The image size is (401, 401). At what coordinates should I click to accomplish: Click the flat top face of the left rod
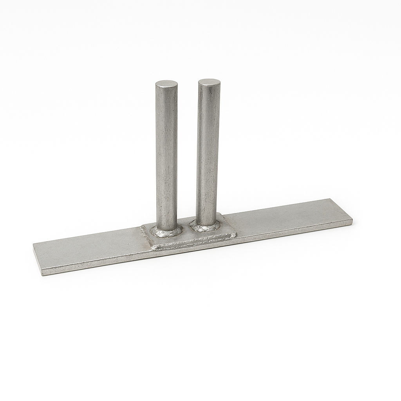click(x=166, y=84)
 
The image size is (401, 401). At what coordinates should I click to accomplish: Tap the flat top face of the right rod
click(x=209, y=82)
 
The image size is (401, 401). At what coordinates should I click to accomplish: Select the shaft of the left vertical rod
click(x=166, y=157)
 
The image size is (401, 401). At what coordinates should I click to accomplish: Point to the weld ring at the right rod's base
click(x=204, y=226)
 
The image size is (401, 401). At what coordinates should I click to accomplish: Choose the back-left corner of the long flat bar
click(x=34, y=244)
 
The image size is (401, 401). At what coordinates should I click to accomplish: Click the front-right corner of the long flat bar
click(x=352, y=224)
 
